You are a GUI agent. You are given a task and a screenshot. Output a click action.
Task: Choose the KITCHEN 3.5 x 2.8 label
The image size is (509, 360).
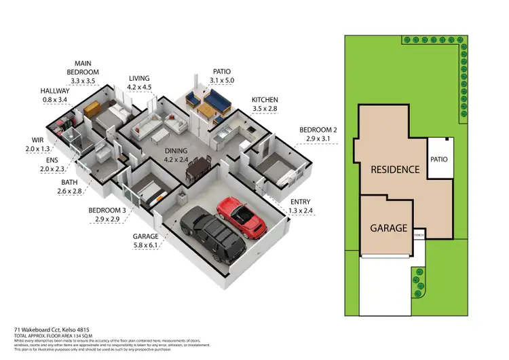tap(264, 104)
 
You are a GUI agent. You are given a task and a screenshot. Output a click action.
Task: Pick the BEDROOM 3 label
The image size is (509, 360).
tap(107, 215)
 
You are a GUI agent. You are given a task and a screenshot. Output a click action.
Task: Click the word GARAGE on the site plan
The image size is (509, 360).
tap(389, 228)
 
